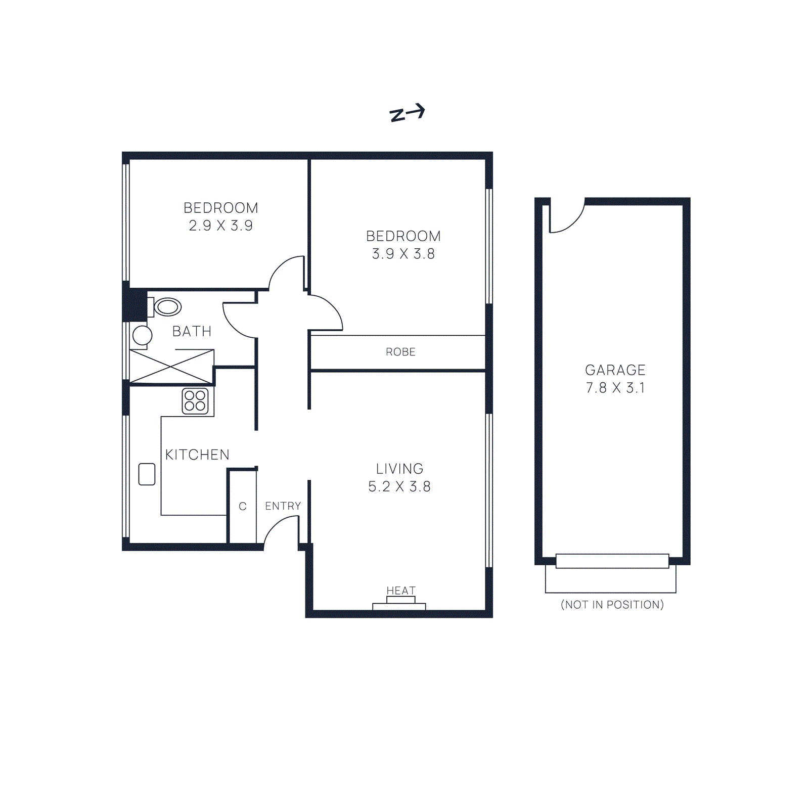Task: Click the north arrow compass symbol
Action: (407, 113)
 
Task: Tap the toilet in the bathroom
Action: (166, 307)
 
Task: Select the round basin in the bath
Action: (142, 335)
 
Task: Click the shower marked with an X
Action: (171, 366)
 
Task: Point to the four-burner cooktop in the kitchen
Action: (195, 401)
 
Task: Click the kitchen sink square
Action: (147, 474)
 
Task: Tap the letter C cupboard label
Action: (243, 506)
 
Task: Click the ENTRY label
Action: (283, 506)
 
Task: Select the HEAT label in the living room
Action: (401, 591)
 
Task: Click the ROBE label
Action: (400, 352)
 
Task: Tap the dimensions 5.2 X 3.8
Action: (399, 486)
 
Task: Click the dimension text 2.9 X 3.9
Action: (221, 226)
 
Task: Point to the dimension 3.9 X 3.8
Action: (403, 254)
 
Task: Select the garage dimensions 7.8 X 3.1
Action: (615, 388)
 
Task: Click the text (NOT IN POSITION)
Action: (612, 605)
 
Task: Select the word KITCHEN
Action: (197, 455)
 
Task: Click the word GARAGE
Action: (615, 370)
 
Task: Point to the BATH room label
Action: (192, 331)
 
